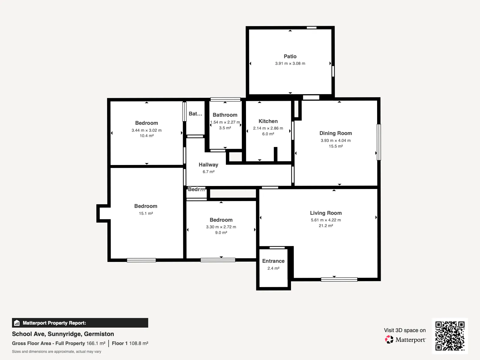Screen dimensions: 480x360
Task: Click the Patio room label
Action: [x=290, y=56]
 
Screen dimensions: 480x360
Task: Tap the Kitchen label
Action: [x=268, y=121]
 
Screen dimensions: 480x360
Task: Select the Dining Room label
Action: [x=336, y=133]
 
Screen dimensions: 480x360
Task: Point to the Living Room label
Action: [x=326, y=213]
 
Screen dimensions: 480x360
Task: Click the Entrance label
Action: [x=273, y=261]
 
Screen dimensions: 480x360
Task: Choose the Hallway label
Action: [x=208, y=165]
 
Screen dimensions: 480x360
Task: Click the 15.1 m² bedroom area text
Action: [x=146, y=213]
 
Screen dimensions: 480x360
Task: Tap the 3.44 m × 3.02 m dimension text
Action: [x=146, y=130]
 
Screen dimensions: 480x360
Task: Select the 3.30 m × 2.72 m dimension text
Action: [x=221, y=227]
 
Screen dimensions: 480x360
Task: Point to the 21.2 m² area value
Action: [x=326, y=226]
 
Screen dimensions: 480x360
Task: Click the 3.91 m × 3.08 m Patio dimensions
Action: [x=290, y=63]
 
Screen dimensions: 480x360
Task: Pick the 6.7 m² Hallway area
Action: [x=208, y=172]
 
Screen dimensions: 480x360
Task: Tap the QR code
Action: [x=450, y=336]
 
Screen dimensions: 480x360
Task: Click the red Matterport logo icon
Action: [x=389, y=340]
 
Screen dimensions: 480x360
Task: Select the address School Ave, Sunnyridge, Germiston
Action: [x=63, y=334]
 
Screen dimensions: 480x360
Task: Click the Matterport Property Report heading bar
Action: [x=80, y=323]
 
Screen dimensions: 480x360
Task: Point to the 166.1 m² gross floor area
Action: [x=96, y=343]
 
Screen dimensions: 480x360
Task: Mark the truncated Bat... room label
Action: [x=195, y=114]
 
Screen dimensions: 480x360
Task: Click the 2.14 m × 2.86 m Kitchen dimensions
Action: [x=268, y=128]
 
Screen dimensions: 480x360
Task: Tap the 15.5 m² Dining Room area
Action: [x=336, y=146]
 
